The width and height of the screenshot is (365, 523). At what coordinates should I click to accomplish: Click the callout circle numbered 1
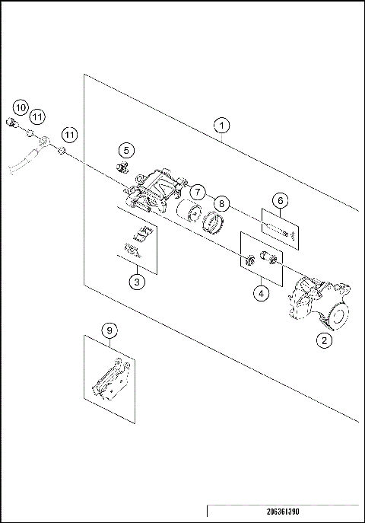tap(221, 124)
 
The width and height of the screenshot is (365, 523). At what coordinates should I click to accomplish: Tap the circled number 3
tap(136, 282)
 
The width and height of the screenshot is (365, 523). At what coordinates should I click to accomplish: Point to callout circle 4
tap(260, 292)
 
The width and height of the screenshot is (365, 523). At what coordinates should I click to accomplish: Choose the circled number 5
tap(126, 150)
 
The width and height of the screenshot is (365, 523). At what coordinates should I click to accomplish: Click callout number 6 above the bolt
tap(280, 200)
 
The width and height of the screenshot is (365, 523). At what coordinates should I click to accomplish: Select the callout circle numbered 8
tap(221, 203)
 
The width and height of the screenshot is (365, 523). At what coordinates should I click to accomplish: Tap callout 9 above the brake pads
tap(109, 330)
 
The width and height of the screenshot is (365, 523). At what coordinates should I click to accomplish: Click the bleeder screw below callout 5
tap(121, 165)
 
